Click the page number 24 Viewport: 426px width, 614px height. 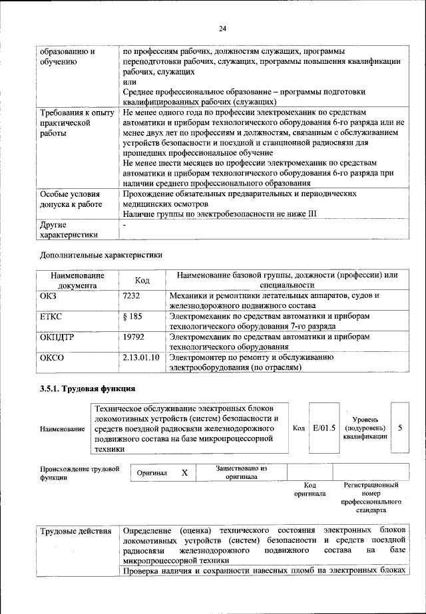tap(222, 28)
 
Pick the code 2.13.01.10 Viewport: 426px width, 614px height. tap(142, 358)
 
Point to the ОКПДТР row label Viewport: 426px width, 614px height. tap(57, 337)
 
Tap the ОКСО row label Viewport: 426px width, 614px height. tap(53, 358)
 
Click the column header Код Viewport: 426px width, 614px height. tap(142, 280)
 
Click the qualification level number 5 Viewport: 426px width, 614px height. tap(400, 428)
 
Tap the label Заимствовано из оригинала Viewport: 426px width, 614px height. tap(241, 472)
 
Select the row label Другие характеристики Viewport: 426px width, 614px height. tap(69, 230)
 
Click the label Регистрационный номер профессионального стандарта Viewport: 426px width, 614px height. tap(371, 498)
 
